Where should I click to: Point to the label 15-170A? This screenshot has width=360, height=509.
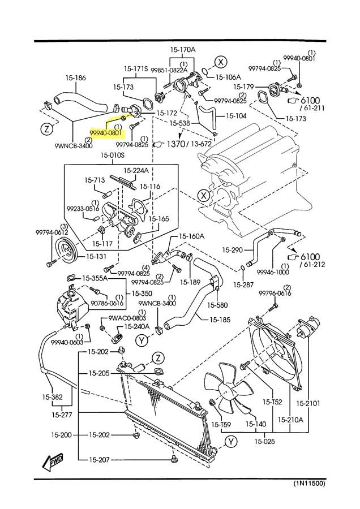pyautogui.click(x=183, y=50)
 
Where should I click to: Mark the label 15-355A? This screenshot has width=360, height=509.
pyautogui.click(x=97, y=278)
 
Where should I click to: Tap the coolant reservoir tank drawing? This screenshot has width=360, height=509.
pyautogui.click(x=70, y=310)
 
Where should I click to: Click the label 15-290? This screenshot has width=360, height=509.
pyautogui.click(x=233, y=249)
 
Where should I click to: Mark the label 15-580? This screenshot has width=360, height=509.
pyautogui.click(x=217, y=305)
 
